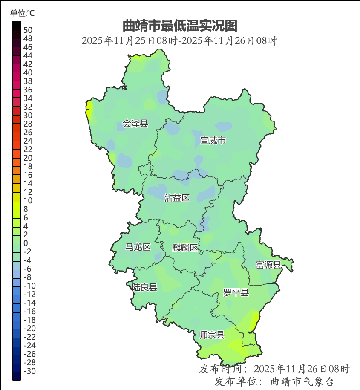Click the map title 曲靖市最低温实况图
(179, 26)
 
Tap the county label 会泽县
(135, 124)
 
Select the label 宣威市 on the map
(213, 140)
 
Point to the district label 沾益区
(177, 198)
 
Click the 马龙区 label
(138, 247)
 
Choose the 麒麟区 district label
(185, 248)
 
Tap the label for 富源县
(268, 265)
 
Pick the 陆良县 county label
(144, 287)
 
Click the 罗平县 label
(236, 292)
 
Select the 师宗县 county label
(212, 335)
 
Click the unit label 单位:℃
(23, 13)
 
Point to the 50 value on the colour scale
(28, 30)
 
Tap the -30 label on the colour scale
(29, 371)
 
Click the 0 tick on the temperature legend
(26, 243)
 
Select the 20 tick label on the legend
(28, 158)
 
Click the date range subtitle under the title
(179, 41)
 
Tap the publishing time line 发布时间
(274, 369)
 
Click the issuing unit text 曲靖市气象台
(302, 381)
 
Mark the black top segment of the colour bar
(17, 26)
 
